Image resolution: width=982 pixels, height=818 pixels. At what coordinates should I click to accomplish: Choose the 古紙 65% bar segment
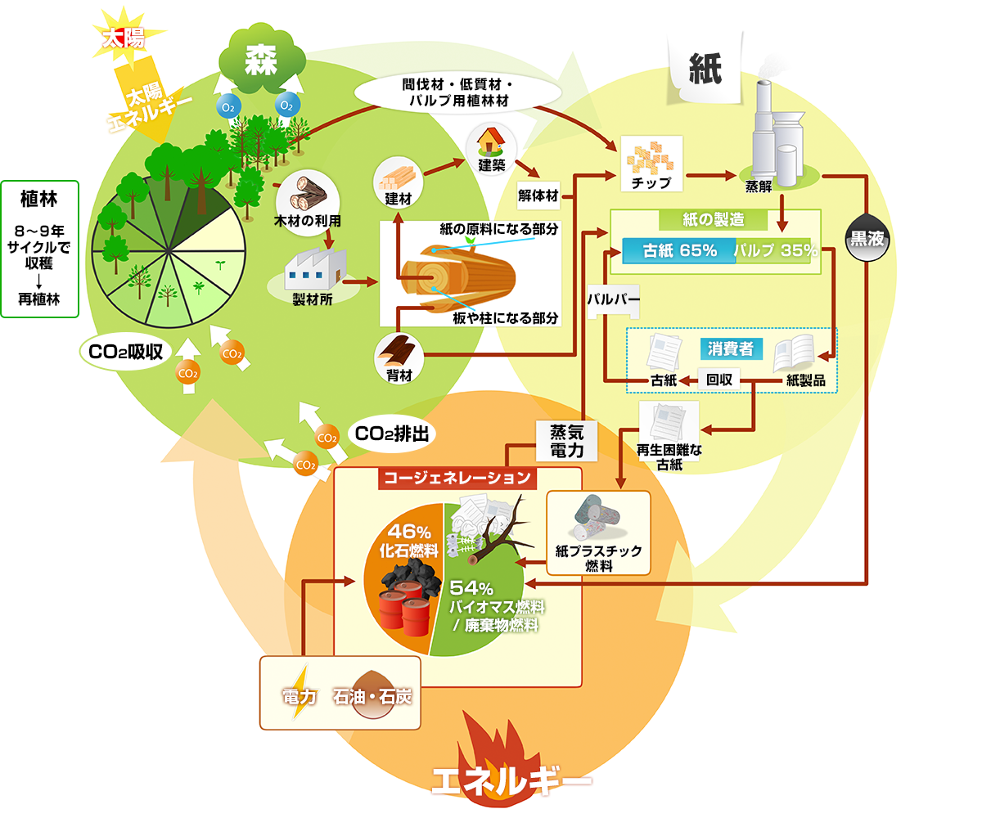(679, 250)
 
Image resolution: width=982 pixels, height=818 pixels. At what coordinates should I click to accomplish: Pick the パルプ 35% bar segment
(774, 250)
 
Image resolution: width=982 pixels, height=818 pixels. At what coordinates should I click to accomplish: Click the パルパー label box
(613, 299)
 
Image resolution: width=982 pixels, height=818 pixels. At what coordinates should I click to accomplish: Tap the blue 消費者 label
(731, 348)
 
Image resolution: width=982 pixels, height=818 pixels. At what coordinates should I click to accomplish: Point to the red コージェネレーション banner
(456, 477)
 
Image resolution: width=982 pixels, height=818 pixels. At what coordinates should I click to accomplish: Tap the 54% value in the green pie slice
(471, 588)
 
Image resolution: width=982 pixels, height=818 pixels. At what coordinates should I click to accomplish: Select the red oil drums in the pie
(406, 609)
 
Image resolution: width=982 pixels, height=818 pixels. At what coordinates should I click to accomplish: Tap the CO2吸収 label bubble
(126, 352)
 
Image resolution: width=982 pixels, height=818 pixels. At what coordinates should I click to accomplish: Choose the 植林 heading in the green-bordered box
(40, 198)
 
